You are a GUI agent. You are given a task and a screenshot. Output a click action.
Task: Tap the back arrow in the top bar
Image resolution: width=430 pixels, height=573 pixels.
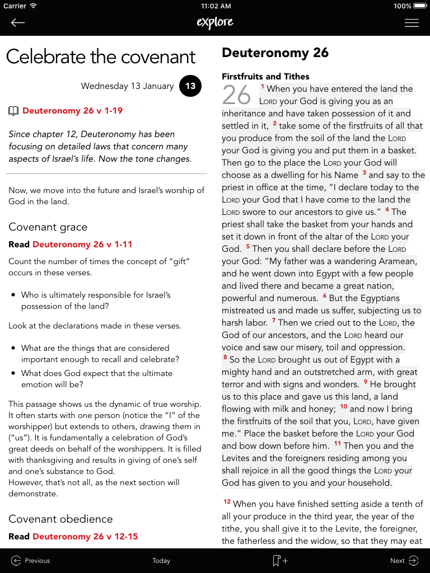tap(18, 22)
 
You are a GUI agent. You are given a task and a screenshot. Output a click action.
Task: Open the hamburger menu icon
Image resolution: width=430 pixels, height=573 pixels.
tap(412, 23)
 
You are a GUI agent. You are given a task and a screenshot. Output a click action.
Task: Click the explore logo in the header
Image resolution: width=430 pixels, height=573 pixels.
tap(215, 22)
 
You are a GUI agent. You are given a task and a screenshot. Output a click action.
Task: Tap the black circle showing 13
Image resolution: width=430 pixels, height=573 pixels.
tap(190, 86)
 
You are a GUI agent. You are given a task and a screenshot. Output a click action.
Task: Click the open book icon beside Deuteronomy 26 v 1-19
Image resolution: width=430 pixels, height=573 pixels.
tap(13, 111)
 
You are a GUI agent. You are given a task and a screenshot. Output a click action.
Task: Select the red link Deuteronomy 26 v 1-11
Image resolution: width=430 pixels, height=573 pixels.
tap(82, 245)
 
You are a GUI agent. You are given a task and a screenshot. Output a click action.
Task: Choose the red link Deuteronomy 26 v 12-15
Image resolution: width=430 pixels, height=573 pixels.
tap(85, 537)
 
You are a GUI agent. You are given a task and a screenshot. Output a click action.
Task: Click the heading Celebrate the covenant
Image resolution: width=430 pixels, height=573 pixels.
tap(101, 57)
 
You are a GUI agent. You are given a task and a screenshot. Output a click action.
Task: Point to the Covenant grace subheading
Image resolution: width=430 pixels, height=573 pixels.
tap(48, 227)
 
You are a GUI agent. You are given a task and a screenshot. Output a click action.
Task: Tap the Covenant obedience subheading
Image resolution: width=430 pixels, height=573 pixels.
tap(60, 519)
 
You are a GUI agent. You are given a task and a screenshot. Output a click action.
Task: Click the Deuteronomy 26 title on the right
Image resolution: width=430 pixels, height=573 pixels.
tap(275, 53)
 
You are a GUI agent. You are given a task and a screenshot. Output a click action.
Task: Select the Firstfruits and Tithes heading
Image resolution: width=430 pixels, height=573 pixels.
tap(265, 77)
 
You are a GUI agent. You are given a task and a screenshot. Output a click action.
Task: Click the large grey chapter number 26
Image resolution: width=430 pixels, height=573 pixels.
tap(236, 95)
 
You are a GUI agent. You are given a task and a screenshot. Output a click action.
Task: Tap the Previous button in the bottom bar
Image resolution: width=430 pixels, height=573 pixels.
tap(31, 561)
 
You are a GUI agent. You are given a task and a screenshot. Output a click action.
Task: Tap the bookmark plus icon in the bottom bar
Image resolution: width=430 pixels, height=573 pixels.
tap(279, 561)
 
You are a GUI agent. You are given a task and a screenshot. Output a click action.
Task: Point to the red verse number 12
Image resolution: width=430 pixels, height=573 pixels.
tap(227, 502)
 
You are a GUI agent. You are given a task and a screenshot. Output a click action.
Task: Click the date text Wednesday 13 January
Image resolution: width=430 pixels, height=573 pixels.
tap(127, 86)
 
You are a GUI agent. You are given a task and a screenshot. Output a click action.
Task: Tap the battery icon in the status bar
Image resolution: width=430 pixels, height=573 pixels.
tap(420, 6)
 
